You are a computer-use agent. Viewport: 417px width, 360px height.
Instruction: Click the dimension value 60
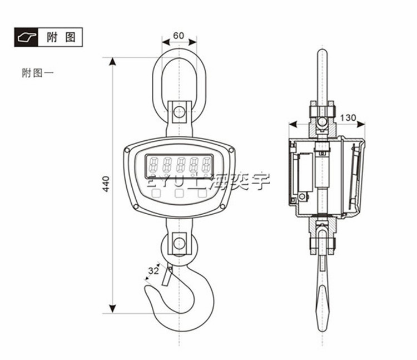178,36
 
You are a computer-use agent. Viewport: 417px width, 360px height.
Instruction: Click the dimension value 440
106,184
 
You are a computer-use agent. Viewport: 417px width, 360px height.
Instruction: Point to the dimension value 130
348,117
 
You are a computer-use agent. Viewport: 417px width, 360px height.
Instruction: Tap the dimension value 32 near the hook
153,271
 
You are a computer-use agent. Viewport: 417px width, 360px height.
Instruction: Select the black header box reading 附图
48,37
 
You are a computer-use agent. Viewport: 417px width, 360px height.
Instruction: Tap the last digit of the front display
206,165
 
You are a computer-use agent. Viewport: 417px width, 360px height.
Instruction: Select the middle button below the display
178,194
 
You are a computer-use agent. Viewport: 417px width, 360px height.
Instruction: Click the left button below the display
155,194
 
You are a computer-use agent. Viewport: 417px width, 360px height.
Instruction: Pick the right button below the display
203,194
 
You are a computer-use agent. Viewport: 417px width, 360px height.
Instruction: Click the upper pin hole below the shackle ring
178,112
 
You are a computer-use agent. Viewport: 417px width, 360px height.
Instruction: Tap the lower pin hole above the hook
178,243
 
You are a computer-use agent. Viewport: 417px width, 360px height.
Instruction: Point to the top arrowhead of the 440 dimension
113,61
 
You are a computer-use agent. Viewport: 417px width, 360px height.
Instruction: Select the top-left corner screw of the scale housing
129,150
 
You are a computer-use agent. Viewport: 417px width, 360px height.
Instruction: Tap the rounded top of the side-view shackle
322,52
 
